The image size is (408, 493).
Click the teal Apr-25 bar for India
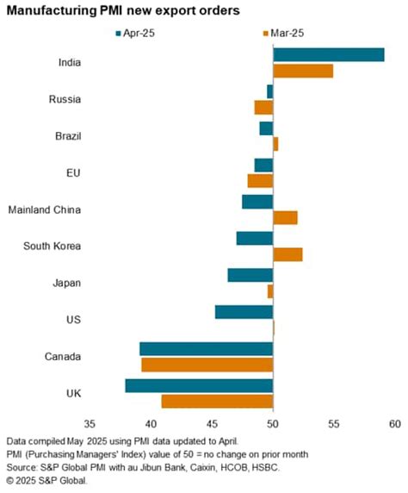[x=328, y=55]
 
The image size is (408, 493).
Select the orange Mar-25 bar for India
[x=302, y=71]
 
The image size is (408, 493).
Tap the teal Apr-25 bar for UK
[x=199, y=386]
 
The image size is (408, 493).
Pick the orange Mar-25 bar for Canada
[x=207, y=365]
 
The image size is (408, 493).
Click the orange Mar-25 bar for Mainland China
[x=285, y=217]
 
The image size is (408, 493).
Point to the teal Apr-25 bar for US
[x=244, y=312]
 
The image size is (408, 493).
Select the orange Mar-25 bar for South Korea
[x=287, y=254]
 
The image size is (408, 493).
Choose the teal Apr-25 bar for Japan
[x=250, y=275]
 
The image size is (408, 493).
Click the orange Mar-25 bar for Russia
[x=263, y=107]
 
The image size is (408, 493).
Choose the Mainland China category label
[x=44, y=209]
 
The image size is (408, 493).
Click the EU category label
[x=73, y=172]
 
